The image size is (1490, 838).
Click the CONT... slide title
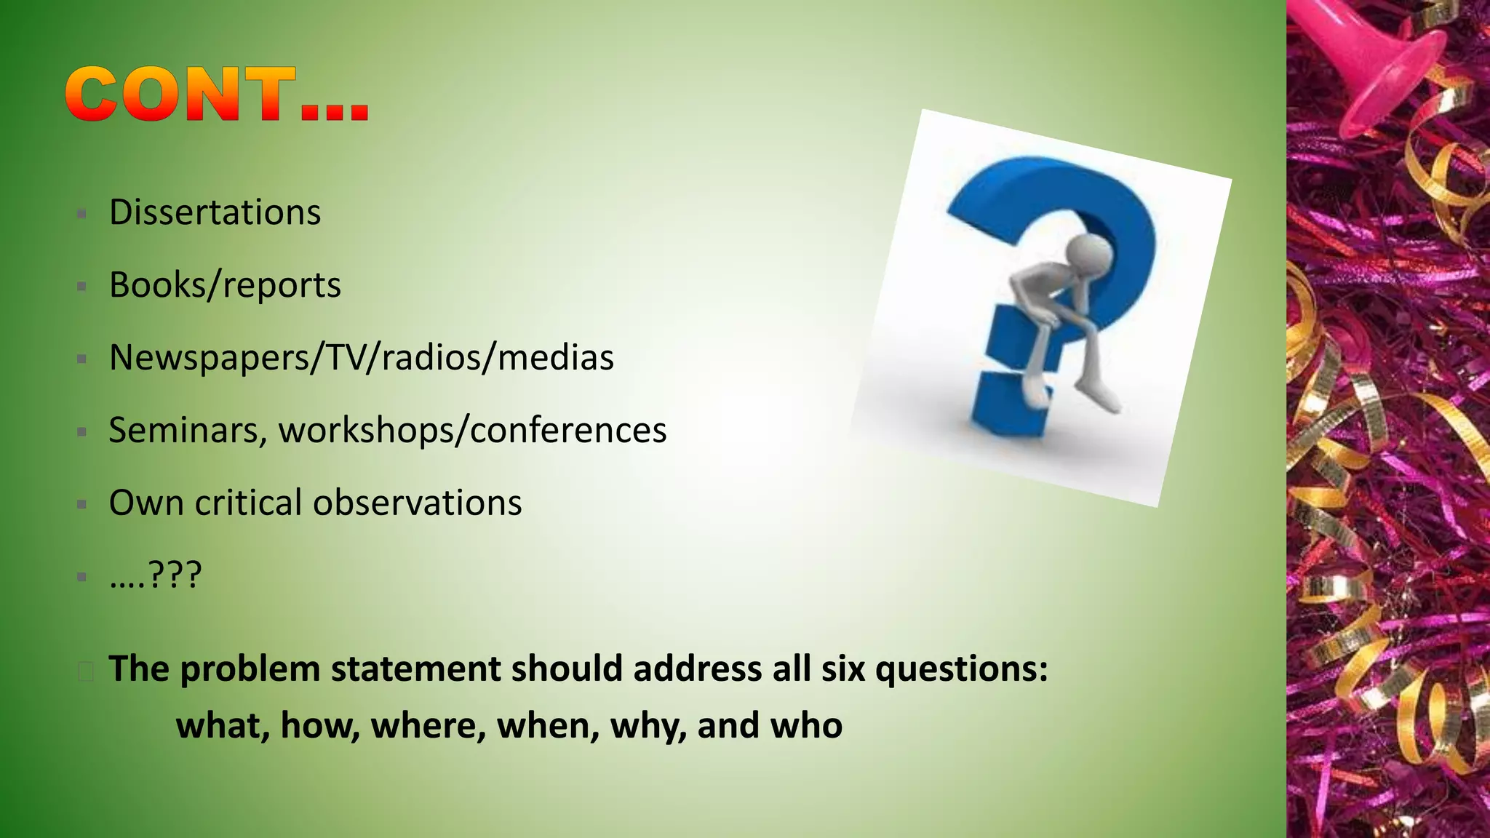click(x=217, y=95)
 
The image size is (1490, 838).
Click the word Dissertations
click(x=215, y=212)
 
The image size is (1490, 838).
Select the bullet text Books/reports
click(x=225, y=285)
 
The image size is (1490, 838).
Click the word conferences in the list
click(x=568, y=430)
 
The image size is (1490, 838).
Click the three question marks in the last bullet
click(x=175, y=575)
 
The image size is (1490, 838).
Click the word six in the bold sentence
click(x=842, y=669)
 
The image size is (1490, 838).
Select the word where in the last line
click(x=428, y=725)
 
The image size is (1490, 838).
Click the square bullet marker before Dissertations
click(x=82, y=214)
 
